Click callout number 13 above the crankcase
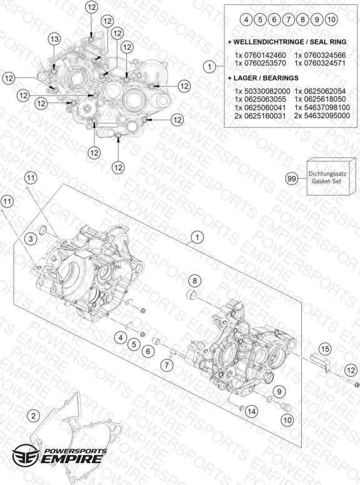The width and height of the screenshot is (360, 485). point(54,39)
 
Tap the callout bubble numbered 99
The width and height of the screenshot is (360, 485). point(292,179)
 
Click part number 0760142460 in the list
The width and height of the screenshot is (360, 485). point(265,56)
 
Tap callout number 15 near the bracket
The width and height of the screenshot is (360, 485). point(325,349)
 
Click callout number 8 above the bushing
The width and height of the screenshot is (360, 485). point(194,281)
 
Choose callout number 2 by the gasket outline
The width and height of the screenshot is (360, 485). point(34,416)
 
